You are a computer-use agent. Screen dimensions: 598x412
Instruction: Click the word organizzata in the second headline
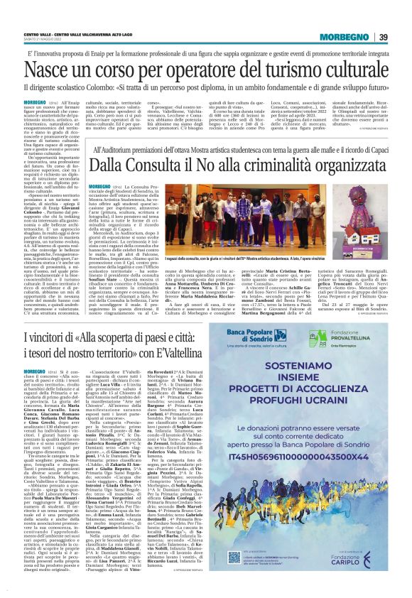tap(340, 164)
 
